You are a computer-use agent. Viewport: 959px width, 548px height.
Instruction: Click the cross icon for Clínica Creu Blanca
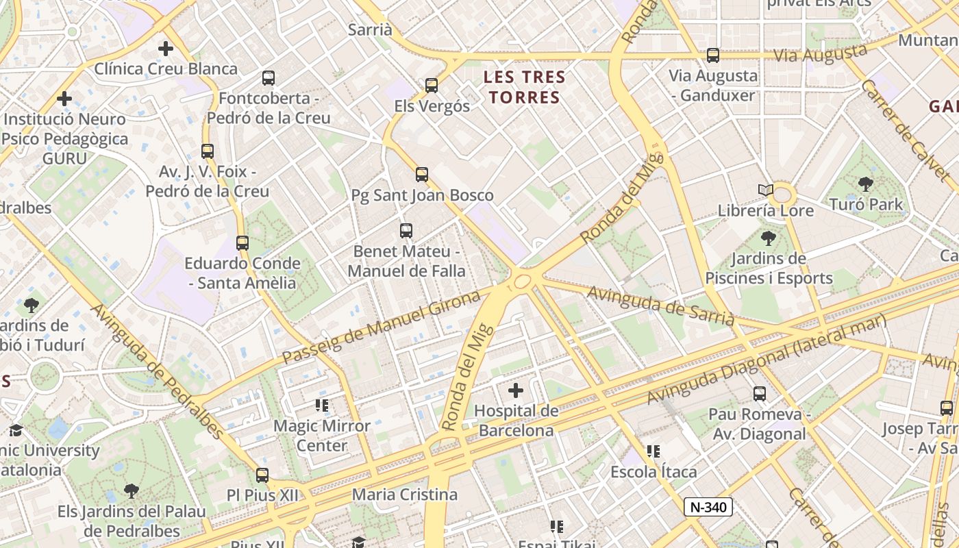coord(165,49)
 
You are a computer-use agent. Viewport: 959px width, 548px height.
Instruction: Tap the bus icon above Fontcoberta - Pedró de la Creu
coord(269,78)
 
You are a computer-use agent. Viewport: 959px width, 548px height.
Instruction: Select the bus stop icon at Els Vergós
coord(432,86)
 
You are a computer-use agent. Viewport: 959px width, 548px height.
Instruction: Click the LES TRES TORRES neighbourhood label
coord(525,87)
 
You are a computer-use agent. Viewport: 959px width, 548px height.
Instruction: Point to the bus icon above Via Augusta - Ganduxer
coord(713,55)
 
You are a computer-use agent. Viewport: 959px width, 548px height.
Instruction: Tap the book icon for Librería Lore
coord(766,190)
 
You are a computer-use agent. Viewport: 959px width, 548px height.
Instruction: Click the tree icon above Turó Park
coord(866,184)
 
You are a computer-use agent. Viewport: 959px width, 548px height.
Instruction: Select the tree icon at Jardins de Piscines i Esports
coord(769,238)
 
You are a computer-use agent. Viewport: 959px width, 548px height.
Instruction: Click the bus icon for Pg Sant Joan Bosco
coord(422,175)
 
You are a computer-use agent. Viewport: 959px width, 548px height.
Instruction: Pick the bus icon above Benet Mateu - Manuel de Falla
coord(406,231)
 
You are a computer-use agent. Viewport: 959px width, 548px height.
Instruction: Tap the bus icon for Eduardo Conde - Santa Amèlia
coord(242,243)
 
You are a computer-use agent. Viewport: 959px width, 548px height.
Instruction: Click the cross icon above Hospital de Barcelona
coord(516,391)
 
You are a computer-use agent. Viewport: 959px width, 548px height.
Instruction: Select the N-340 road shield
coord(708,508)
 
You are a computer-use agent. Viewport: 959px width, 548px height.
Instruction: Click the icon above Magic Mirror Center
coord(321,406)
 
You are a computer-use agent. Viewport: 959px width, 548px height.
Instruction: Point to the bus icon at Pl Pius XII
coord(262,475)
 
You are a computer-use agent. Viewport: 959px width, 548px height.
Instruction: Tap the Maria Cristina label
coord(404,495)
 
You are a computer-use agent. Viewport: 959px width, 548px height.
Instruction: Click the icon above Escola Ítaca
coord(653,451)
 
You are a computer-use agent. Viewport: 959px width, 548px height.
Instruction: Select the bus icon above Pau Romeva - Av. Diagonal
coord(760,394)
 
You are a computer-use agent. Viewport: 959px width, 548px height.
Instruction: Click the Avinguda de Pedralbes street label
coord(158,371)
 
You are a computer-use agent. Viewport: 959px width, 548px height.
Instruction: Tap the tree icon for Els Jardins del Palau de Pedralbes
coord(132,491)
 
